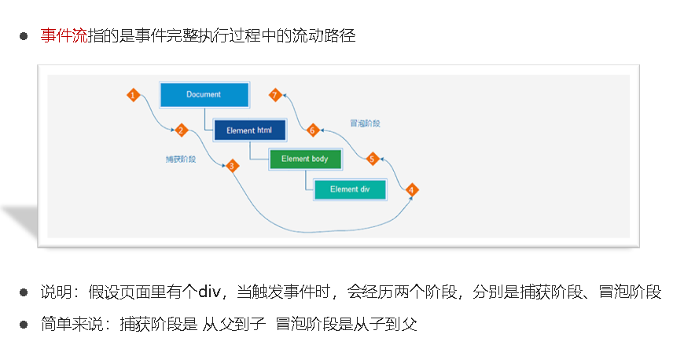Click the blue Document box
coord(204,95)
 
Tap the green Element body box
coord(305,159)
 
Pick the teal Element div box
coord(350,189)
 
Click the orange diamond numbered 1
coord(133,95)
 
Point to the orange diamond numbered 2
coord(181,130)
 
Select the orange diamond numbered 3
coord(232,166)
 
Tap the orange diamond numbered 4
coord(411,189)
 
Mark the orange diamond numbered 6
coord(312,130)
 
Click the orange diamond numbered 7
coord(274,95)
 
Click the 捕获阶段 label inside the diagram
coord(181,159)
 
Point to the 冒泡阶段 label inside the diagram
coord(366,123)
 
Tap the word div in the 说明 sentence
coord(208,292)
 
